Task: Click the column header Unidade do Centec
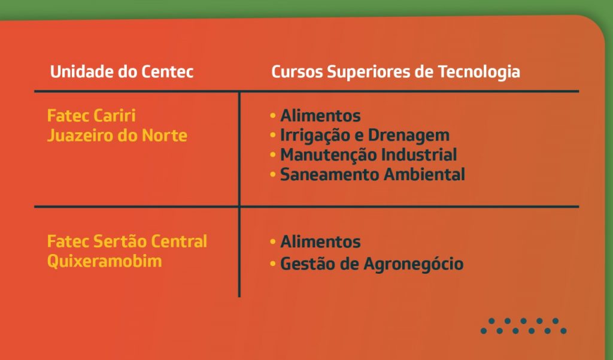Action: pyautogui.click(x=122, y=72)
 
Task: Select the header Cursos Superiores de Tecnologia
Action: pyautogui.click(x=396, y=72)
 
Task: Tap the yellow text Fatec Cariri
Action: pyautogui.click(x=91, y=116)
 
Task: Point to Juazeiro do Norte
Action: pyautogui.click(x=117, y=135)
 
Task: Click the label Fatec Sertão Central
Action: pyautogui.click(x=127, y=241)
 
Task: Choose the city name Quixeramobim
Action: pyautogui.click(x=104, y=261)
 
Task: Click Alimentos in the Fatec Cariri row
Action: pyautogui.click(x=321, y=116)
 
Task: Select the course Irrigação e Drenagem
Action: pyautogui.click(x=365, y=136)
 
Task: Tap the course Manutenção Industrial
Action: pyautogui.click(x=368, y=155)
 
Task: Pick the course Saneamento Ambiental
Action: pyautogui.click(x=372, y=174)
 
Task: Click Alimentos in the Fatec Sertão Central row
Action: pyautogui.click(x=321, y=241)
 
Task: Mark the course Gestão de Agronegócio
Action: pyautogui.click(x=372, y=264)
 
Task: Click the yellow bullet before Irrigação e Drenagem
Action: pyautogui.click(x=273, y=135)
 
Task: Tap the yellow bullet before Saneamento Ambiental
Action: pyautogui.click(x=273, y=174)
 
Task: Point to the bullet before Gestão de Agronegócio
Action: pyautogui.click(x=273, y=264)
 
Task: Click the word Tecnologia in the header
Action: pyautogui.click(x=479, y=72)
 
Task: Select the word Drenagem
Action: pyautogui.click(x=409, y=136)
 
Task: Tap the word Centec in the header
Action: pyautogui.click(x=168, y=72)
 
